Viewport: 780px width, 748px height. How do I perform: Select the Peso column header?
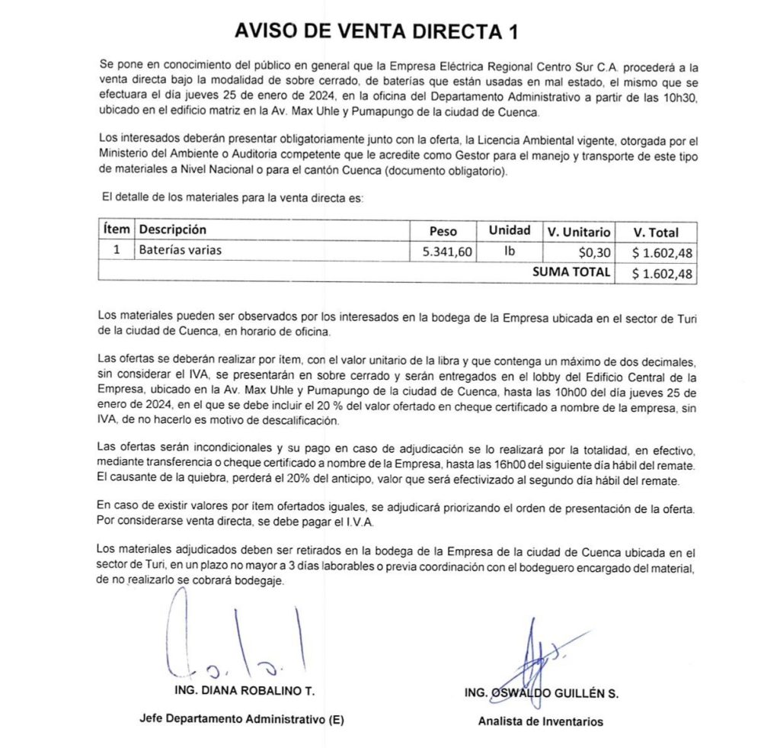[x=443, y=231]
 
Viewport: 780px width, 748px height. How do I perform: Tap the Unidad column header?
[x=510, y=230]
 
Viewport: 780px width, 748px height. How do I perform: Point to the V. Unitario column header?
[x=579, y=232]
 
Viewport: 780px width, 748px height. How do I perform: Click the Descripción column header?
[x=173, y=230]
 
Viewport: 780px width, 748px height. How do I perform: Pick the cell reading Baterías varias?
[x=181, y=249]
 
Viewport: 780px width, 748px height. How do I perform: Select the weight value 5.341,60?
[x=447, y=252]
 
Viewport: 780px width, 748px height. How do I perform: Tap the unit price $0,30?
[x=595, y=252]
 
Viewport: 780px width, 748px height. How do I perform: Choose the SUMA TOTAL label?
[x=571, y=271]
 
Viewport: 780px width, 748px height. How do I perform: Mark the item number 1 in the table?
[x=117, y=249]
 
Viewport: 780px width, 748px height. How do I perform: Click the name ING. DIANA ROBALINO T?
[x=244, y=691]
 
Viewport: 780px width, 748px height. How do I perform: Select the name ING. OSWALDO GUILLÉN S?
[x=541, y=694]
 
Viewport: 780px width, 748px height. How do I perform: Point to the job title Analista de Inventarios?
[x=540, y=721]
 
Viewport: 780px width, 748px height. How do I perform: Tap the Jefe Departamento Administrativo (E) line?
[x=241, y=718]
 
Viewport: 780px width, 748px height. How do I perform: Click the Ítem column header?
[x=117, y=230]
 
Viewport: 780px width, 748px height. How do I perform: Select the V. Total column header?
[x=656, y=232]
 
